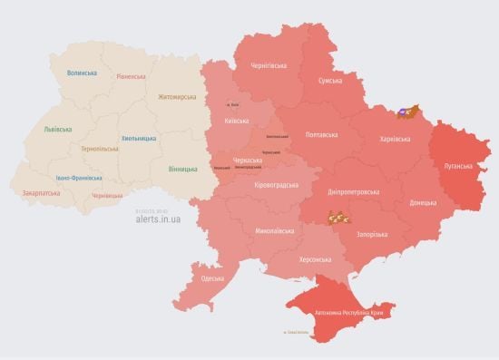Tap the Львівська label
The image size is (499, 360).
(x=57, y=130)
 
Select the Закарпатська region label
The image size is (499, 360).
(x=40, y=192)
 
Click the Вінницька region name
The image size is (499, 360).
(x=183, y=169)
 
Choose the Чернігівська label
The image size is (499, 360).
(x=269, y=66)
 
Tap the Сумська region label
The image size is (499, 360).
(x=329, y=81)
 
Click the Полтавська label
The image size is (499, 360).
(x=322, y=133)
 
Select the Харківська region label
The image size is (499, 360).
(x=392, y=139)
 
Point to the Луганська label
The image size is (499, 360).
(x=458, y=167)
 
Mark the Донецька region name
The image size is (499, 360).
(x=423, y=202)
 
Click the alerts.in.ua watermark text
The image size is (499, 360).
(x=158, y=219)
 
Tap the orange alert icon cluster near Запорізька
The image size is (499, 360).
(x=338, y=217)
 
